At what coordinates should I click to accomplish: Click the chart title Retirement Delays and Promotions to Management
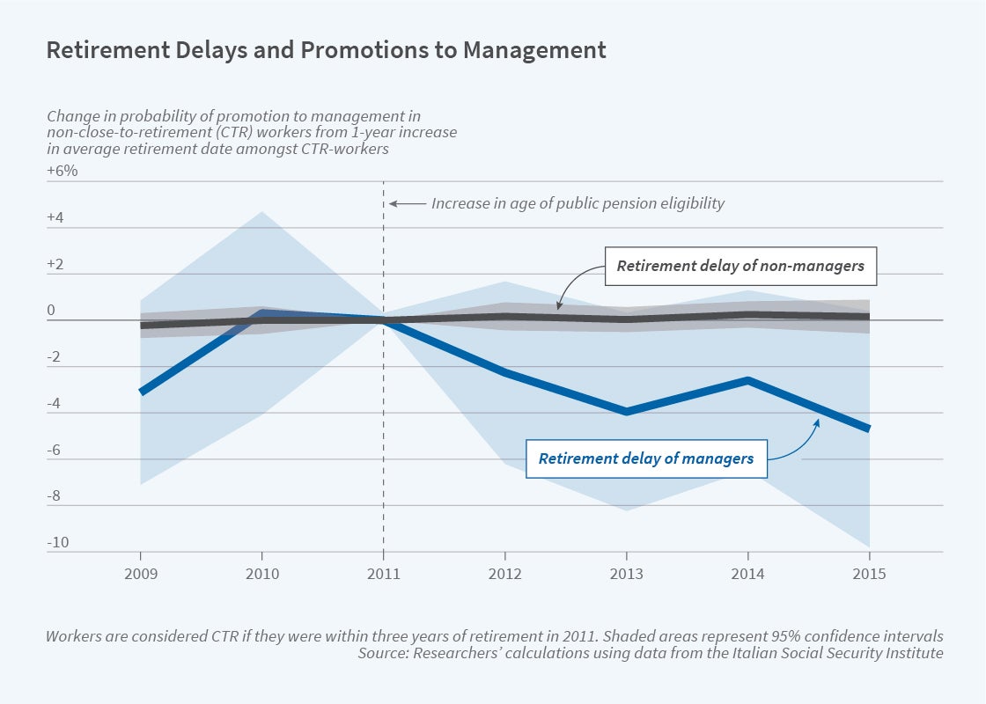[x=326, y=50]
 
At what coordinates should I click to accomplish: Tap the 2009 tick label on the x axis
[x=141, y=573]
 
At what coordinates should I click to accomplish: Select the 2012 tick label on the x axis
[x=504, y=573]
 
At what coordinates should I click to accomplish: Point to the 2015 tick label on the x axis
[x=870, y=573]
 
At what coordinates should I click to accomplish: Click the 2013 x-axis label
[x=626, y=573]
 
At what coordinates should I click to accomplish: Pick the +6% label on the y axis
[x=63, y=171]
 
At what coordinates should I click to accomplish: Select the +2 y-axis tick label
[x=56, y=264]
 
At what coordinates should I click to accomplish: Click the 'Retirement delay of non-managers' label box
[x=740, y=266]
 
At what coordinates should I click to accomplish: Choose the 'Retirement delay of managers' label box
[x=645, y=458]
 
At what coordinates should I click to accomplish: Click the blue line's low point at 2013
[x=626, y=412]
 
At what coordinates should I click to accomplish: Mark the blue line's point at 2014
[x=748, y=380]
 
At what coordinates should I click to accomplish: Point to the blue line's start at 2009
[x=141, y=392]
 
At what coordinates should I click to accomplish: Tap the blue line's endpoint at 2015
[x=870, y=429]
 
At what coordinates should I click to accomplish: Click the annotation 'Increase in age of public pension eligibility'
[x=578, y=203]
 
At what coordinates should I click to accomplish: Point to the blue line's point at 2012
[x=504, y=373]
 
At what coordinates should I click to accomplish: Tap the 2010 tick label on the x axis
[x=262, y=573]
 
